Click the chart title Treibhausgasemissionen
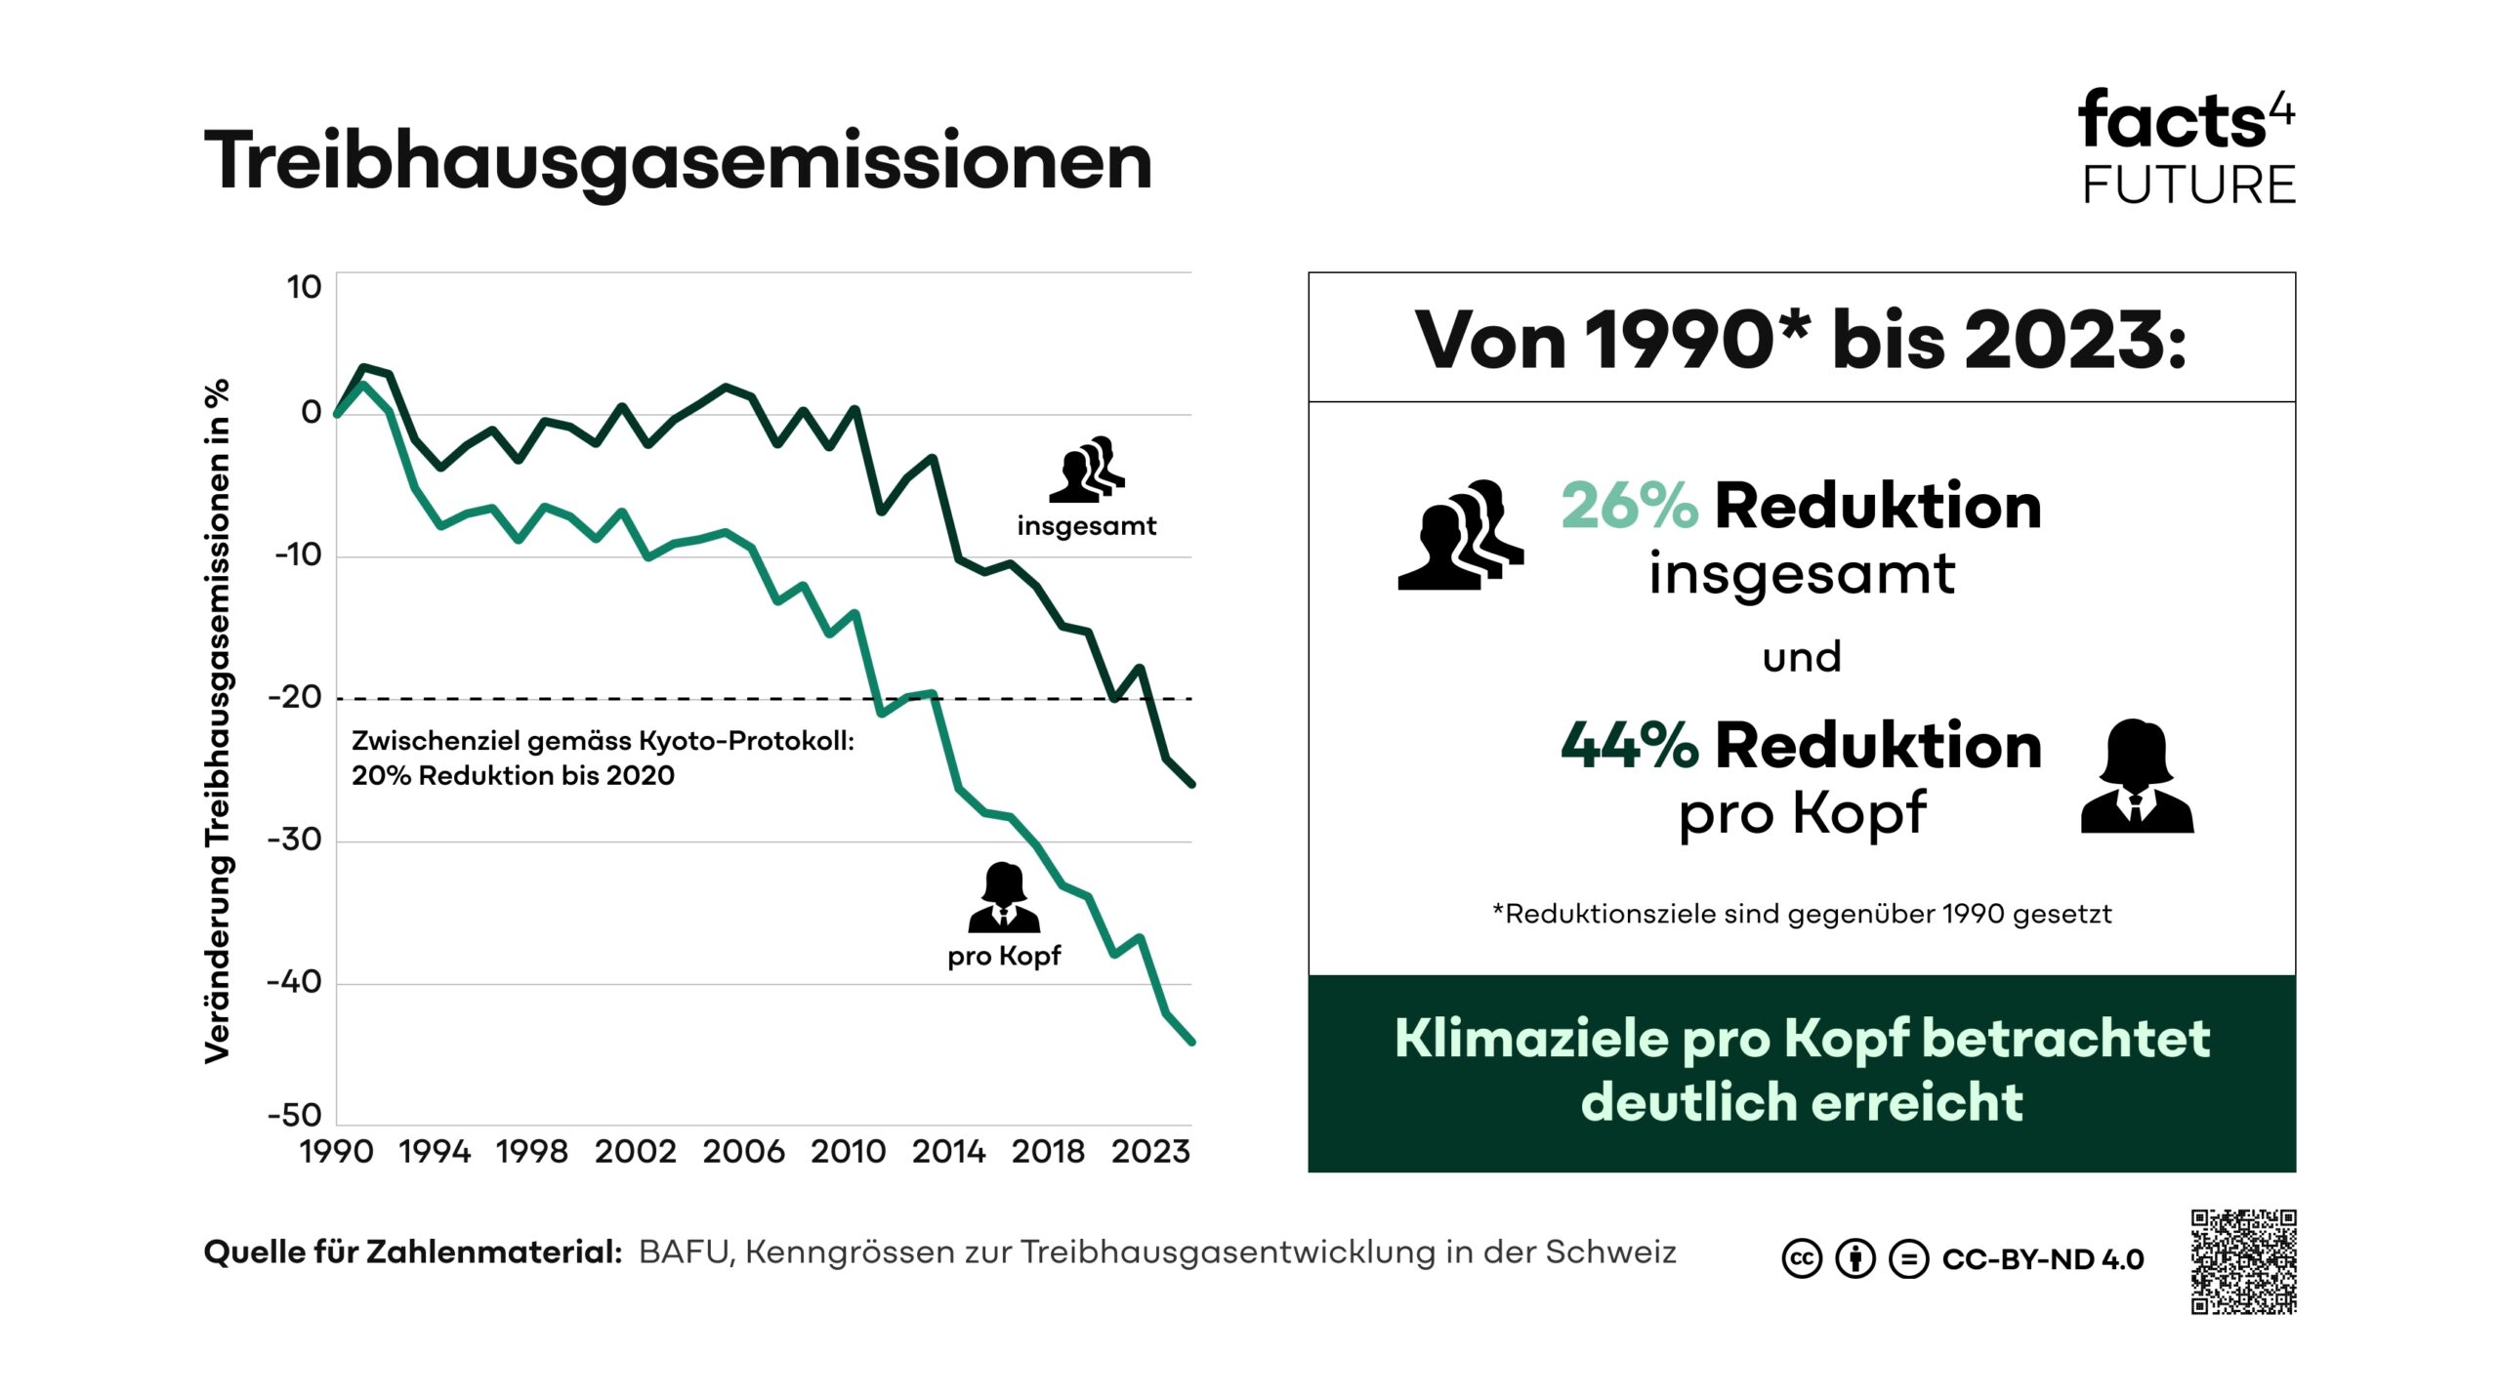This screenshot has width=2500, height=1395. (678, 161)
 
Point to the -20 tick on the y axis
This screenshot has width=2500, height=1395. (294, 697)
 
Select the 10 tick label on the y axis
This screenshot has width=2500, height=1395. (304, 287)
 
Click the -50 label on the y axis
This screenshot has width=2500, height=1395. (294, 1115)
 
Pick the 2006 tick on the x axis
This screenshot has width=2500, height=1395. (743, 1152)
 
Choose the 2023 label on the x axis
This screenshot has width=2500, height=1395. (1150, 1152)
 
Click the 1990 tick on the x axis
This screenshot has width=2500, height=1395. (336, 1152)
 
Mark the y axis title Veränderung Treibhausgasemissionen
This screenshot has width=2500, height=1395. (217, 720)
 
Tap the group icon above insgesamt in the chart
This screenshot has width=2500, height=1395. (1087, 470)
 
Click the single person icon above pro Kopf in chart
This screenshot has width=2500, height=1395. (1004, 897)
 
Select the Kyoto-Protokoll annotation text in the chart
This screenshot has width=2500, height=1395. (603, 758)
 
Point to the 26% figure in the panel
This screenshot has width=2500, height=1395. (1629, 507)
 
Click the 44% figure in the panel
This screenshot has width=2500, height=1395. (1629, 746)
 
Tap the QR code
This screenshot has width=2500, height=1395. (2243, 1261)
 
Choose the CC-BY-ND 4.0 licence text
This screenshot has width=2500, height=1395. (2043, 1259)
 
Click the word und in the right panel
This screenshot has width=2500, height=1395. (1802, 657)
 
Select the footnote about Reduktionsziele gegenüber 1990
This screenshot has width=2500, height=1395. (1802, 914)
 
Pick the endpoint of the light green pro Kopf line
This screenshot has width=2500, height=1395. (1191, 1042)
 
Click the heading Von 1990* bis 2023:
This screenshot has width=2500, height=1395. (1802, 340)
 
